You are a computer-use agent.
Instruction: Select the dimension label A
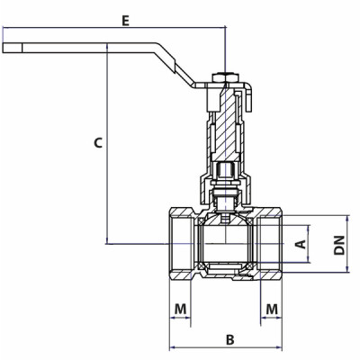301,242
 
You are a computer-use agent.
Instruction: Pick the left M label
181,309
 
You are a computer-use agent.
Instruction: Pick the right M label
272,309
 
